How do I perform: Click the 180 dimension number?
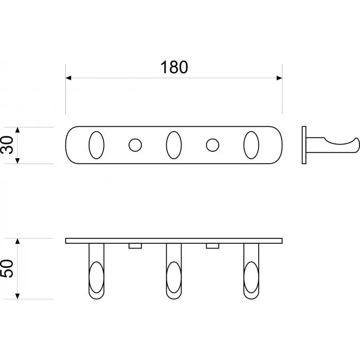[174, 67]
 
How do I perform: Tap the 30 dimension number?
[7, 145]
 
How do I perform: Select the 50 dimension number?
[7, 268]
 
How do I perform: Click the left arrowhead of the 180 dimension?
[68, 78]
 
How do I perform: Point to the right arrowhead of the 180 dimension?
[279, 78]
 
